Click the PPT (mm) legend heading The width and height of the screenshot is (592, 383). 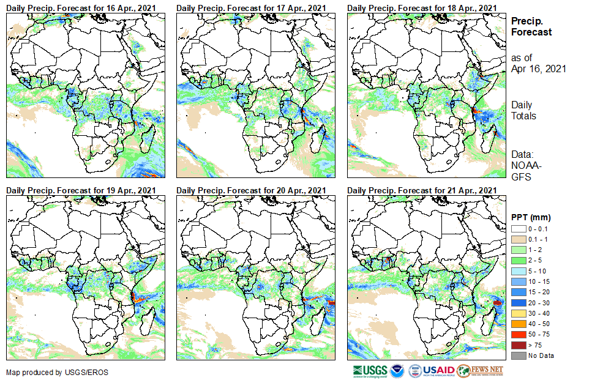tap(531, 217)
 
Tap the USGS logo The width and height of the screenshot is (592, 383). tap(370, 371)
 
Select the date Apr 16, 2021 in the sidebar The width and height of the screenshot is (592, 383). tap(538, 69)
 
